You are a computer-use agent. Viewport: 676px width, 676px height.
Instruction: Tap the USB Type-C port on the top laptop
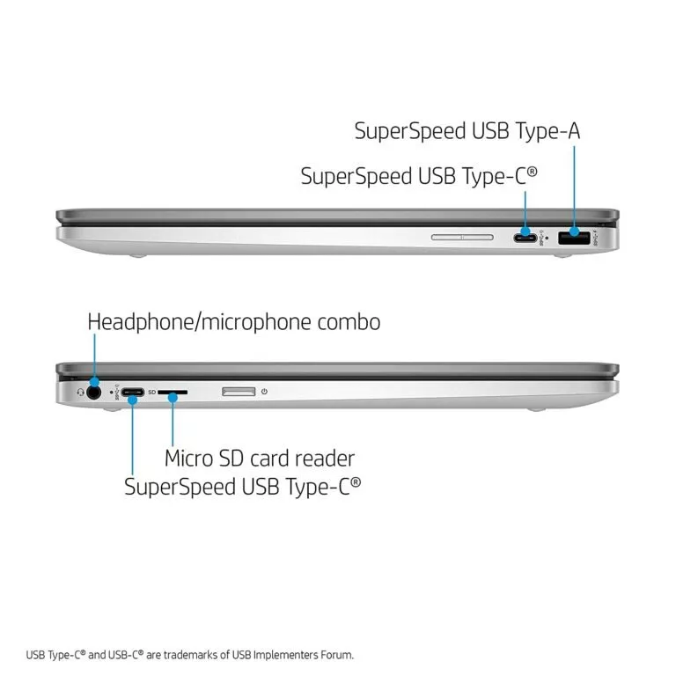tap(526, 237)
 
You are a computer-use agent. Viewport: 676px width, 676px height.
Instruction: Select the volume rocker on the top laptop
tap(463, 236)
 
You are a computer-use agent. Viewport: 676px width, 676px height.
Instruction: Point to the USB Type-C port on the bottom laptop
tap(133, 393)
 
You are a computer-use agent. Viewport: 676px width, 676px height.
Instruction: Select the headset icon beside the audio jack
tap(80, 393)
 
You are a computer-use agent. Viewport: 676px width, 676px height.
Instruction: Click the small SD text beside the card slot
tap(151, 393)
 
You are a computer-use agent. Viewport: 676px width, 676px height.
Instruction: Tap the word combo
tap(356, 322)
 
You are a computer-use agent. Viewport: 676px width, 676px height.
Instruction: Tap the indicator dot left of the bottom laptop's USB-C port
tap(110, 393)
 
